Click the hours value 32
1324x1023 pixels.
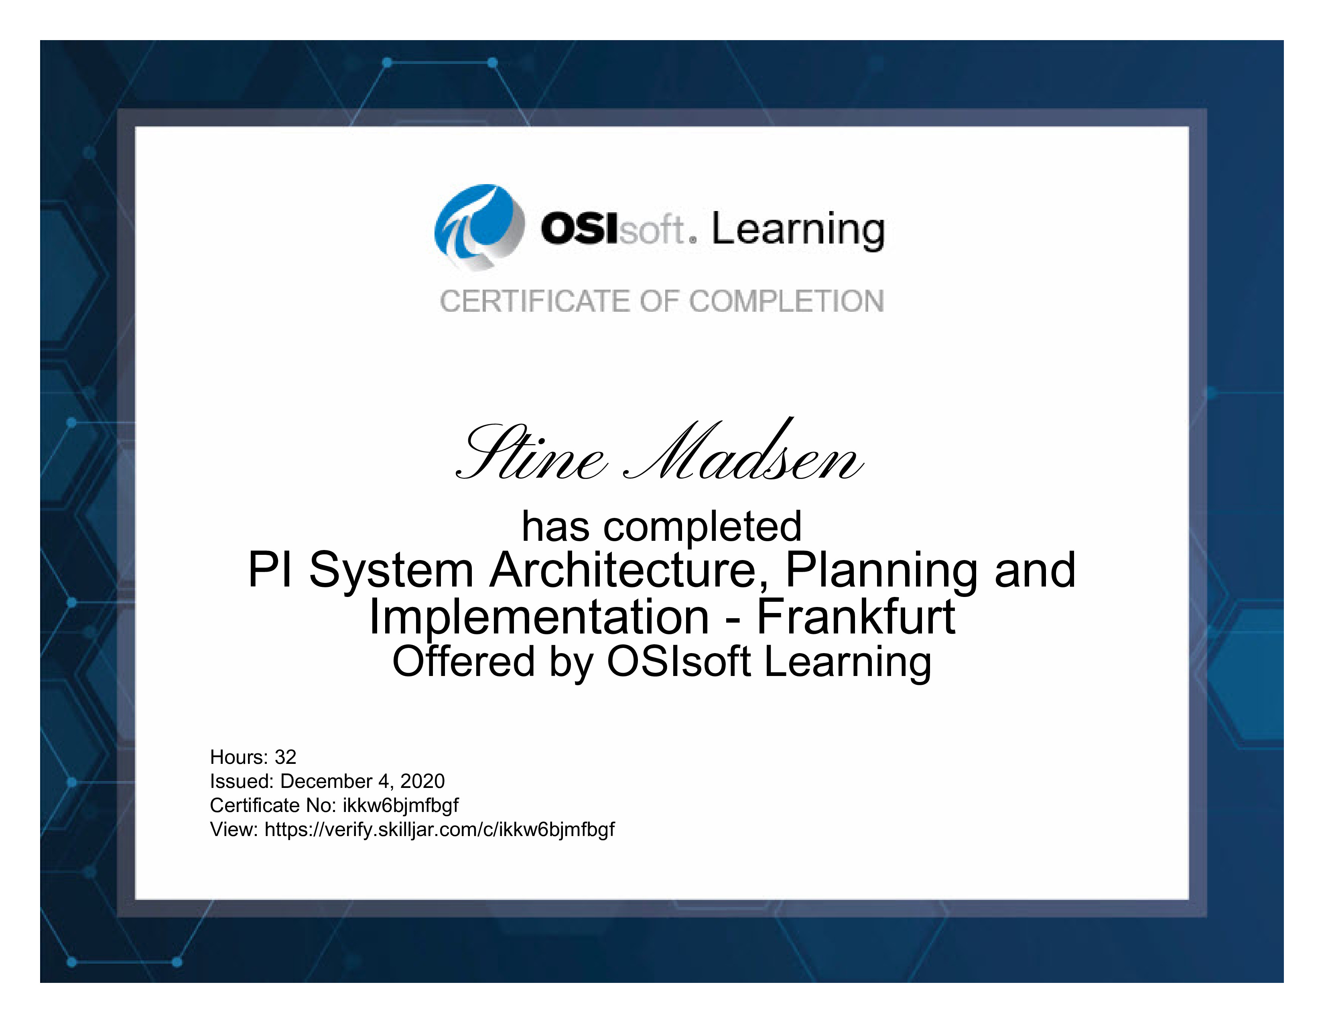click(x=286, y=757)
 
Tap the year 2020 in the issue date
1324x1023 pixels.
click(x=422, y=781)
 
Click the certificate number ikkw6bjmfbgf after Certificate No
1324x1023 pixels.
click(x=401, y=806)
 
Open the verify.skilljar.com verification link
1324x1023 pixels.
click(x=439, y=830)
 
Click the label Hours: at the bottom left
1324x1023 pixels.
click(x=239, y=757)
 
